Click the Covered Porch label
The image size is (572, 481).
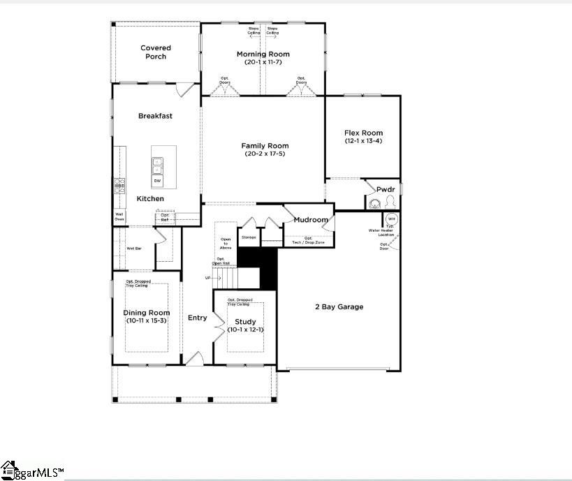click(x=156, y=52)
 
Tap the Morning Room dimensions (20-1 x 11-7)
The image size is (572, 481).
click(x=263, y=62)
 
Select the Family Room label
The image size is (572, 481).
click(x=265, y=146)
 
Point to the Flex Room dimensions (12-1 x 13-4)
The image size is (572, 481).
click(x=363, y=141)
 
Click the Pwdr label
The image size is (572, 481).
click(x=386, y=189)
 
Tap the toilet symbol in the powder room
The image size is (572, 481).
click(x=390, y=202)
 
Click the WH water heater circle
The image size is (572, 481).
click(x=391, y=219)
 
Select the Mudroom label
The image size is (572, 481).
click(x=310, y=220)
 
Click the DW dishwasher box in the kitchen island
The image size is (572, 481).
click(x=157, y=182)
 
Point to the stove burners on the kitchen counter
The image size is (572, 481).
click(x=119, y=185)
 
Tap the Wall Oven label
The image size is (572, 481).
click(x=119, y=217)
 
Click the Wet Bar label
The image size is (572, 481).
click(x=134, y=248)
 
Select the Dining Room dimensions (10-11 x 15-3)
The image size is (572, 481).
click(x=147, y=320)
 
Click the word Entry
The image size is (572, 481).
click(x=198, y=318)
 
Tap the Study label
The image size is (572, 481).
click(x=245, y=322)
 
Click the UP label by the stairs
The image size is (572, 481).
click(x=207, y=278)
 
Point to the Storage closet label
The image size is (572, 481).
click(x=249, y=237)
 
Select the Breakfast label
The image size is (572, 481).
click(x=155, y=116)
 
